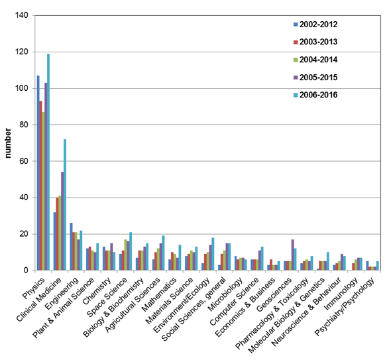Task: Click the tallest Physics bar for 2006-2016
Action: [48, 162]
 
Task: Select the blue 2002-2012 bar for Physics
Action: [38, 173]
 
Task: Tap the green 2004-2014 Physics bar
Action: [43, 191]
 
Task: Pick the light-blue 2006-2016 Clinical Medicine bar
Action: [65, 205]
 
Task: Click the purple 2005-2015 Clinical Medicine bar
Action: [62, 221]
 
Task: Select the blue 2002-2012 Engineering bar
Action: [71, 247]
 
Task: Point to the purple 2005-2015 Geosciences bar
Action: [293, 255]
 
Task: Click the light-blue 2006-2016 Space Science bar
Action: [131, 251]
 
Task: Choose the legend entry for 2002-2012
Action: [315, 25]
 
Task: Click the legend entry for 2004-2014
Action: [315, 60]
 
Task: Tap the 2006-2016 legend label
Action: [318, 95]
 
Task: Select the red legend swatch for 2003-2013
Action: [296, 42]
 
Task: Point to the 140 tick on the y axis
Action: [22, 15]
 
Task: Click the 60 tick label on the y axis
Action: [24, 161]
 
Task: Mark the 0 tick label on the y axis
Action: [26, 270]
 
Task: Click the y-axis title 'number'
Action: [8, 143]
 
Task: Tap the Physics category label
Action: [34, 288]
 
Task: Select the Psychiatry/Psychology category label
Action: [345, 306]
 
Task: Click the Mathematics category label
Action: [159, 294]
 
